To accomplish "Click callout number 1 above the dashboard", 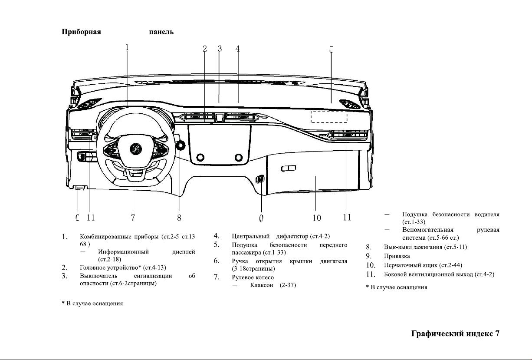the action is [127, 47].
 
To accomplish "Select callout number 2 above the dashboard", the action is [205, 49].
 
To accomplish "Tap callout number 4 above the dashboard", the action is [237, 49].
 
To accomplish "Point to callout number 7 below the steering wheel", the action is [133, 218].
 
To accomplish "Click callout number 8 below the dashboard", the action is [179, 218].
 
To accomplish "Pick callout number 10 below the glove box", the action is [317, 218].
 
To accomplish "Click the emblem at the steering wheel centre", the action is [136, 149].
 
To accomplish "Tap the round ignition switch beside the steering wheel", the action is [181, 145].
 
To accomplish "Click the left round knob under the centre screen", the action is [200, 157].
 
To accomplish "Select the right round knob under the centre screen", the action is [239, 157].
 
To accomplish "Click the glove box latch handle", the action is [288, 168].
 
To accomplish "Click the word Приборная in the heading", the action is [81, 32].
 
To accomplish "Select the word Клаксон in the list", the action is [262, 285].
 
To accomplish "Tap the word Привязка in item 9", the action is [397, 256].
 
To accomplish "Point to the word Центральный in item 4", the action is [250, 236].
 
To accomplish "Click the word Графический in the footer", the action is [437, 334].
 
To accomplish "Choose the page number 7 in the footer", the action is [497, 334].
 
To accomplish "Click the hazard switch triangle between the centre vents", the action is [220, 117].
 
